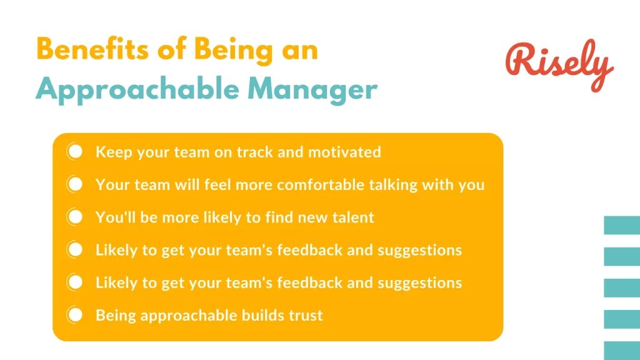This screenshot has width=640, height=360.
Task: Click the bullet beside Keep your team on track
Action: click(x=75, y=152)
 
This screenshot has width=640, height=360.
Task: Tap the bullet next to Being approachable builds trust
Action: click(x=75, y=315)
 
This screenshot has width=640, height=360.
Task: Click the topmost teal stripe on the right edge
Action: click(x=621, y=225)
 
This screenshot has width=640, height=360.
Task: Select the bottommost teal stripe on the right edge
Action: click(x=621, y=350)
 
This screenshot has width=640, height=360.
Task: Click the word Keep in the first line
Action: click(x=110, y=152)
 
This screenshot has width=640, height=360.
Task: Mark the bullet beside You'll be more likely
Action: click(x=75, y=217)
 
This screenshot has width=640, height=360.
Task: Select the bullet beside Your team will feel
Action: click(x=75, y=185)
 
